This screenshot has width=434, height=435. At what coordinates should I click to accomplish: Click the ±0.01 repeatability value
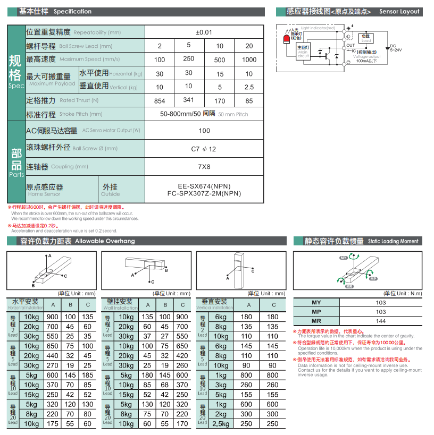[x=204, y=32]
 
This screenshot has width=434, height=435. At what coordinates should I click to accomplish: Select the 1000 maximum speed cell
[x=249, y=59]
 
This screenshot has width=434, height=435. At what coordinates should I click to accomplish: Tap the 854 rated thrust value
[x=160, y=100]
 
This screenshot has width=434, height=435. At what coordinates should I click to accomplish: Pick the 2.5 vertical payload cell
[x=249, y=87]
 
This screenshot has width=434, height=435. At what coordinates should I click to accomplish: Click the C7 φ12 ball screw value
[x=204, y=149]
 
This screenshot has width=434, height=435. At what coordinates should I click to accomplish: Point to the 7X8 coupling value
[x=204, y=166]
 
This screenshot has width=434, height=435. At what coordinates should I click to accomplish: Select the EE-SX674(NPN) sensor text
[x=204, y=186]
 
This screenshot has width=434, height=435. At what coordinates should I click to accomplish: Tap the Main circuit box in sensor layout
[x=303, y=52]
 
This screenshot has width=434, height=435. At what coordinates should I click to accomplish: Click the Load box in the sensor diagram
[x=366, y=38]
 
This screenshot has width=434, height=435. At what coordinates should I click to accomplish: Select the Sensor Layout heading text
[x=399, y=11]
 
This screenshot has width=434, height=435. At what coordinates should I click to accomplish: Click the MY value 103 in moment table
[x=381, y=303]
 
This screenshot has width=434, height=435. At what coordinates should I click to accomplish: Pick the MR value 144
[x=381, y=321]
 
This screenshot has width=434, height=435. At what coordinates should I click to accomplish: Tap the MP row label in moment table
[x=316, y=312]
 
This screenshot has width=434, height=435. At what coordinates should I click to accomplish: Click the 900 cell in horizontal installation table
[x=53, y=317]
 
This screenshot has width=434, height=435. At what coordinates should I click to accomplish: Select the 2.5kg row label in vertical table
[x=221, y=423]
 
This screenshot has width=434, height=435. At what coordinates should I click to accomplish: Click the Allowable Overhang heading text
[x=105, y=241]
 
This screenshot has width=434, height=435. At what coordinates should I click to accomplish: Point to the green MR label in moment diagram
[x=349, y=286]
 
